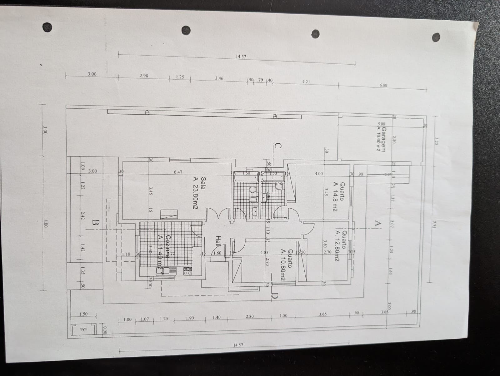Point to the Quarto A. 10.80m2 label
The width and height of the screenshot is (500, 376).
coord(286,265)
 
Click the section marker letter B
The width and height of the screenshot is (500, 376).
coord(96,223)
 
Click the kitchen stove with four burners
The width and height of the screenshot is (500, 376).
coord(187,271)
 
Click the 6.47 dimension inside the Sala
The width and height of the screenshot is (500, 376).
coord(177,172)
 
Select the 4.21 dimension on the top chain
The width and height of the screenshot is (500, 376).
coord(306,82)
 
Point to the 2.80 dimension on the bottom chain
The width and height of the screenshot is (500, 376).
coord(249,316)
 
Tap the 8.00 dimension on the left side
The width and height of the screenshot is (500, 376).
coord(46,223)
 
